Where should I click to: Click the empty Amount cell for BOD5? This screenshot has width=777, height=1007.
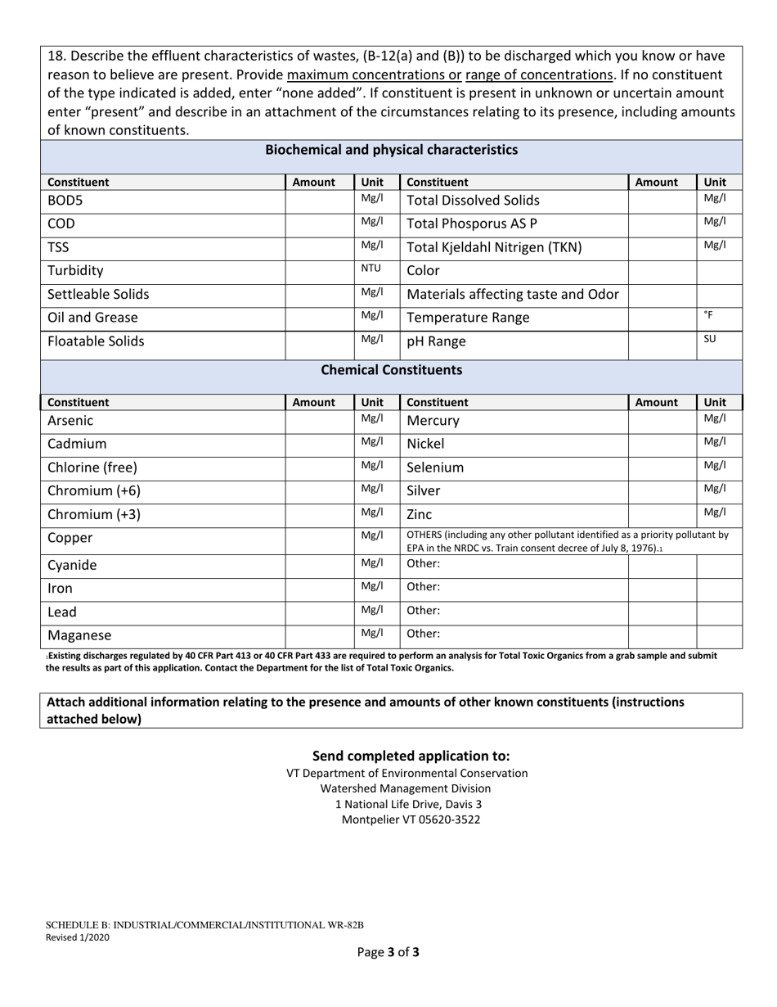tap(319, 201)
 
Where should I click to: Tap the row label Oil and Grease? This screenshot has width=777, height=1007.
tap(92, 318)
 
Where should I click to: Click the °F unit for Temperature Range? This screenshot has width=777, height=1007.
tap(708, 314)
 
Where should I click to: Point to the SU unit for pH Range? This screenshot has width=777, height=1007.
tap(709, 338)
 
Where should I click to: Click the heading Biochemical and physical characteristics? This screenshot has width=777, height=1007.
tap(391, 150)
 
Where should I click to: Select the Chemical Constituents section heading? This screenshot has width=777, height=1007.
tap(391, 370)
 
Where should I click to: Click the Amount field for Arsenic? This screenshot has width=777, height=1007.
tap(319, 422)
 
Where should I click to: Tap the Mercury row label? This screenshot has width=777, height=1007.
tap(433, 421)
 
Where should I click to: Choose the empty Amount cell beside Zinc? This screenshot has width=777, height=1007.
tap(662, 514)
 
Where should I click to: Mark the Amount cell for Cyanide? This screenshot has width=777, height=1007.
tap(319, 566)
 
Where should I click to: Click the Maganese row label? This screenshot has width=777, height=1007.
tap(79, 635)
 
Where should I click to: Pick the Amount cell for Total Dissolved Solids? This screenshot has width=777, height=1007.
tap(662, 201)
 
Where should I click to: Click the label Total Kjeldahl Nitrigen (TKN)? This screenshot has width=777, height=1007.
tap(501, 247)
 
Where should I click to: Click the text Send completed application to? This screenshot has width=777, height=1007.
tap(411, 756)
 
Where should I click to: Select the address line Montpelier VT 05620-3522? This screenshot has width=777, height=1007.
tap(411, 820)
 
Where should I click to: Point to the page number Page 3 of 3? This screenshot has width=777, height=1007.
tap(388, 952)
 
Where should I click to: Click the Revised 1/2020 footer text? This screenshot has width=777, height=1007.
tap(77, 938)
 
